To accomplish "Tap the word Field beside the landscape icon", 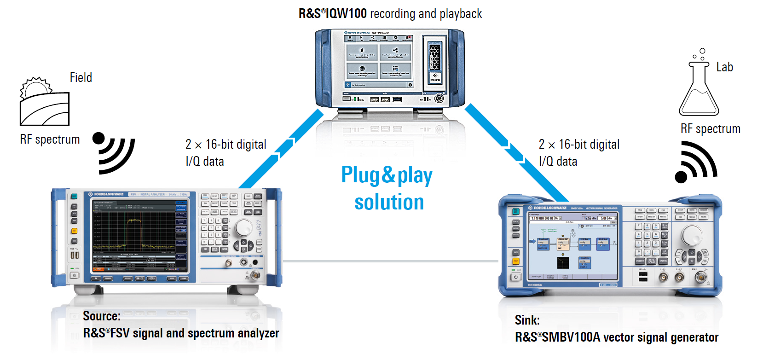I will click(x=81, y=77).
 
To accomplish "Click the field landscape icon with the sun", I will click(x=44, y=102).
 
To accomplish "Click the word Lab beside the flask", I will click(x=724, y=67).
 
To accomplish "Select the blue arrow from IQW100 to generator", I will click(x=515, y=152).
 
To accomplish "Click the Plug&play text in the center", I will click(x=387, y=175).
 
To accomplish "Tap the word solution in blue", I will click(x=389, y=203).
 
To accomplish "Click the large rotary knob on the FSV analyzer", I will click(x=243, y=227).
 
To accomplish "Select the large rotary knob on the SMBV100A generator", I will click(x=691, y=235).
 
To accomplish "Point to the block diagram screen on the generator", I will click(x=572, y=246).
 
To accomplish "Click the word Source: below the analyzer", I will click(x=102, y=316).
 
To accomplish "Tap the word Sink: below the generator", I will click(x=527, y=320).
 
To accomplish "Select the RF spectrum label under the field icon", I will click(x=50, y=139).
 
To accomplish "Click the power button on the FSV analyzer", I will click(x=74, y=275).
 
